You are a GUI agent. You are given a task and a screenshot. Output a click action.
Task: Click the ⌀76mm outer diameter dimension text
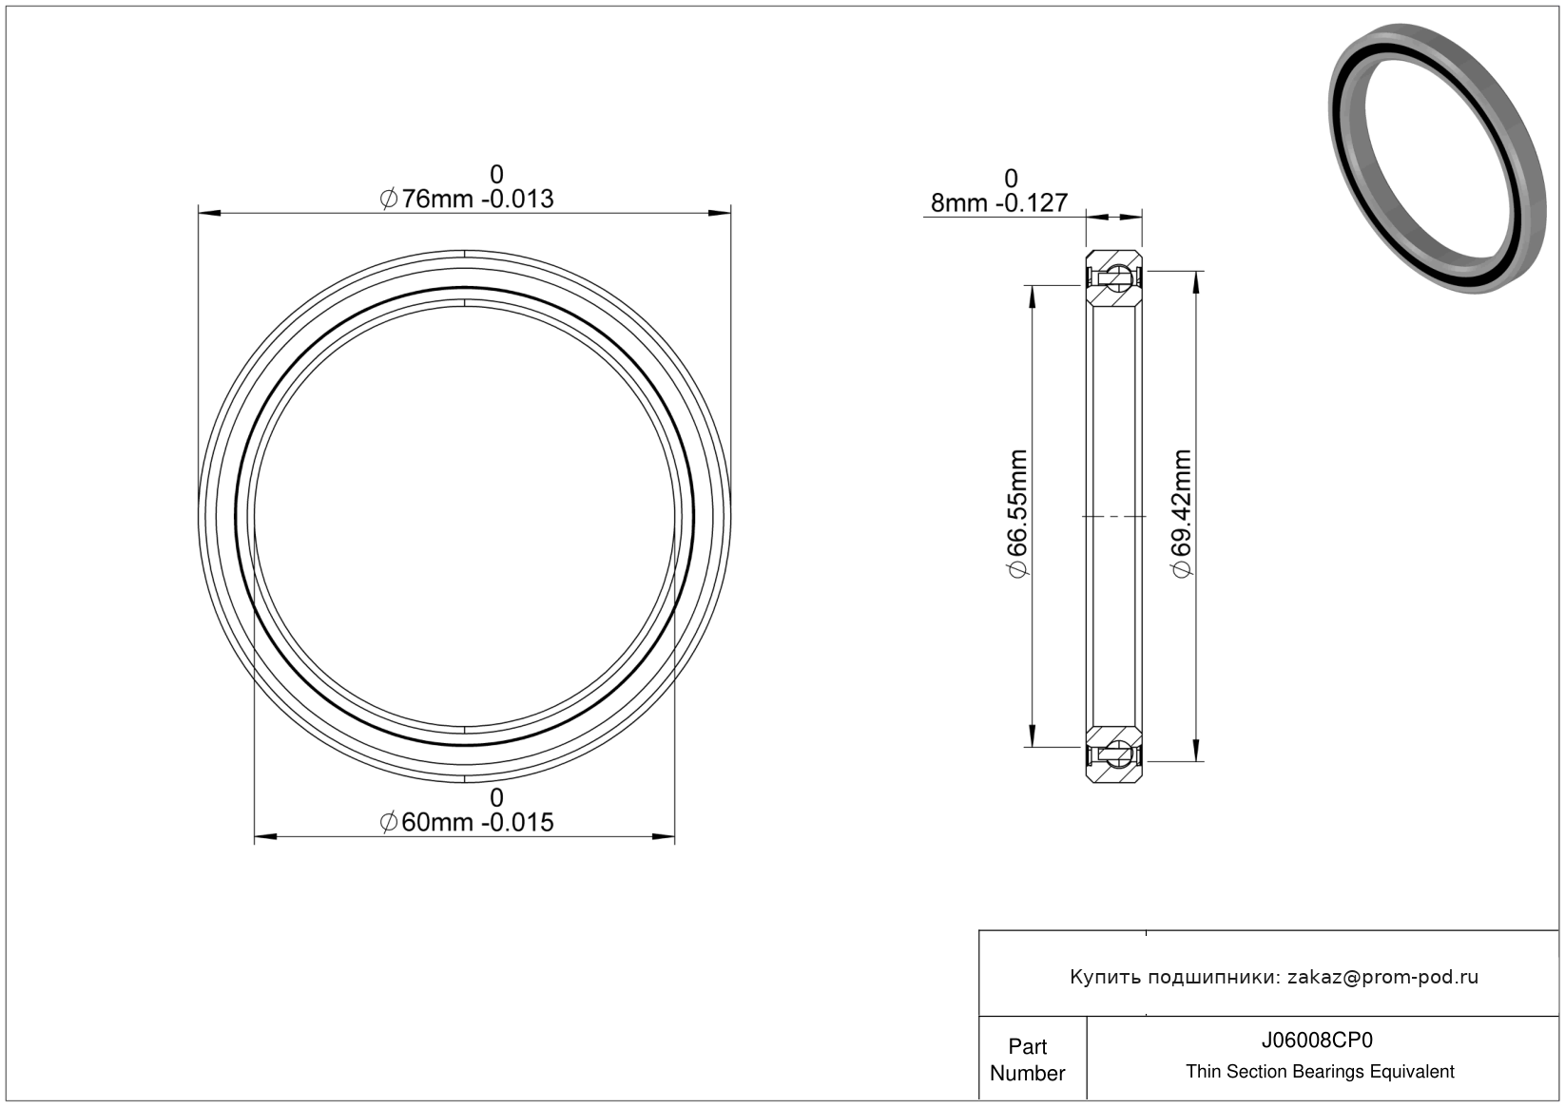point(466,199)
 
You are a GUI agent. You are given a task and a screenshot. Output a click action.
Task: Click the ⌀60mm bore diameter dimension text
point(466,822)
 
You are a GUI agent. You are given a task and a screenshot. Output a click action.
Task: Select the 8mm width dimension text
point(999,203)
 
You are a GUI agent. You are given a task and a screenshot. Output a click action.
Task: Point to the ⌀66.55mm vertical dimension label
point(1017,514)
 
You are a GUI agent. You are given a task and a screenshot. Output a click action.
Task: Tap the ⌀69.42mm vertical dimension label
point(1181,514)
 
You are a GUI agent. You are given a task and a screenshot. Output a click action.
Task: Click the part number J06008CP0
point(1317,1040)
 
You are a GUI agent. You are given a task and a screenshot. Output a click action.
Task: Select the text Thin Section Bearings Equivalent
point(1320,1072)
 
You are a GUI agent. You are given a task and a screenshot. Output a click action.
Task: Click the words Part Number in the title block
point(1027,1059)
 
